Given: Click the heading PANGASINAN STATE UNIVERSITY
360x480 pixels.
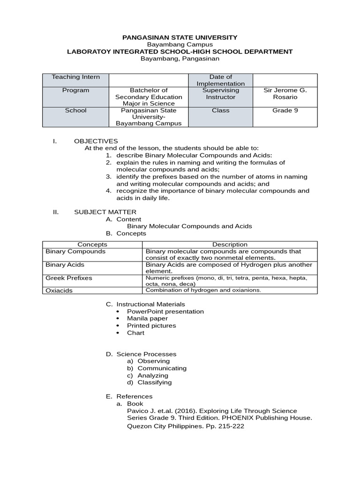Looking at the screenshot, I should click(180, 37).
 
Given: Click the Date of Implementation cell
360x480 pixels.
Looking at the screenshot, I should click(220, 80).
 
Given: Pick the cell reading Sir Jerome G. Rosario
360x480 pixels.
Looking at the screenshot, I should click(285, 93).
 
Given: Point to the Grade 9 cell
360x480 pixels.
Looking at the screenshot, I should click(285, 111).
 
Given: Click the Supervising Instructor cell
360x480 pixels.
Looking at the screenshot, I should click(220, 93).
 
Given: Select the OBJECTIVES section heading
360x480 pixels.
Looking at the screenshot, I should click(96, 141).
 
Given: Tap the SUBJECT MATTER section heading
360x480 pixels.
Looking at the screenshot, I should click(105, 212).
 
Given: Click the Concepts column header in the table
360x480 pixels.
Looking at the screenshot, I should click(92, 244).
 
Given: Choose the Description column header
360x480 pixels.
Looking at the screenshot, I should click(230, 244).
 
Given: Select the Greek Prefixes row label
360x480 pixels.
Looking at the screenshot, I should click(69, 278).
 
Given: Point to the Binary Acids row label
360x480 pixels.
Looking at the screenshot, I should click(65, 265).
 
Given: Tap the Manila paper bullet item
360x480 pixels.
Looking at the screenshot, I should click(146, 318).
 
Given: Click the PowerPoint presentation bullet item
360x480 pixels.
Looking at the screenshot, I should click(165, 311).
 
